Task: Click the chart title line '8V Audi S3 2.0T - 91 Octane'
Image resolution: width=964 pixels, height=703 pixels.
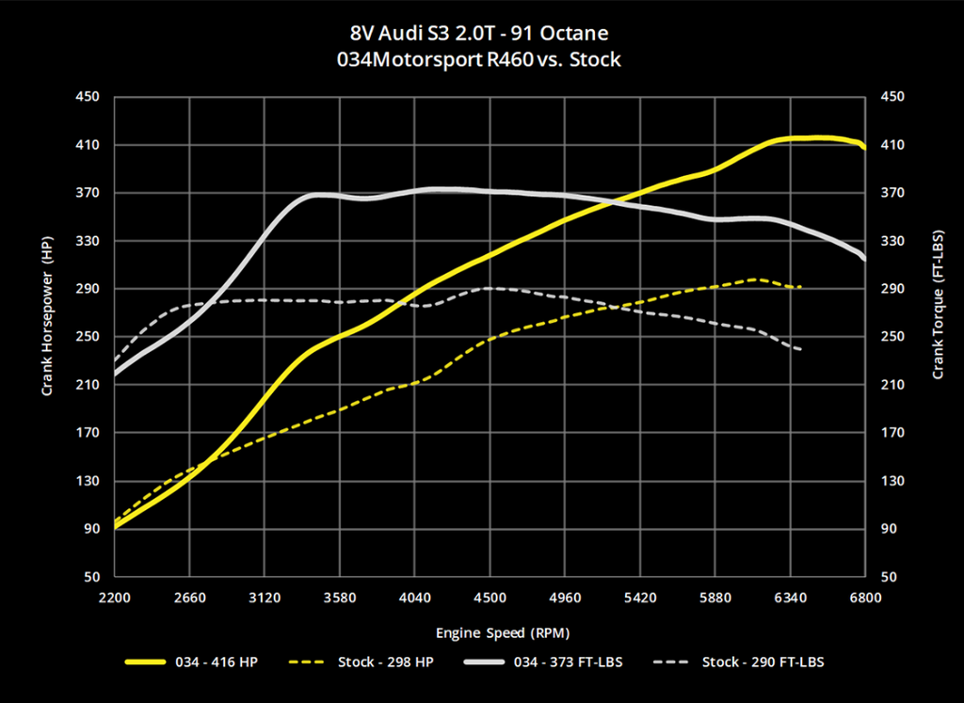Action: click(481, 34)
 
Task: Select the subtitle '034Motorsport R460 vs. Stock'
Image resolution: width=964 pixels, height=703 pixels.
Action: click(481, 60)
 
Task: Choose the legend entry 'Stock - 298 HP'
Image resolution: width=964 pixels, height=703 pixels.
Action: click(386, 663)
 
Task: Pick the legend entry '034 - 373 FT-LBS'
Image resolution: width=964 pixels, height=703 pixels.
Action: click(554, 663)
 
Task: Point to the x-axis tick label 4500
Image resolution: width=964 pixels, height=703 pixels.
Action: click(489, 597)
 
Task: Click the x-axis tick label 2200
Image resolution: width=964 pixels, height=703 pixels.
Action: click(115, 597)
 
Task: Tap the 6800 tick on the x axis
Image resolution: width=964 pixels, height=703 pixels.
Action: click(864, 597)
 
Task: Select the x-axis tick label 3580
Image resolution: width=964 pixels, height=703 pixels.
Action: click(339, 597)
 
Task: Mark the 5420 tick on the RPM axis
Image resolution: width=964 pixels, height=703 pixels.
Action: click(639, 597)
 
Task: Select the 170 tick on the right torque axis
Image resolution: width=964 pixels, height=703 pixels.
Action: click(891, 433)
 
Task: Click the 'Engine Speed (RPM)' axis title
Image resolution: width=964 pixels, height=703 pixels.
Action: click(489, 632)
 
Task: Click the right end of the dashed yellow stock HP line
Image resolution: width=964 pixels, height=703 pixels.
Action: click(800, 287)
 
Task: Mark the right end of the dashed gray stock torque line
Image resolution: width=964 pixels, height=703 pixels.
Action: click(800, 350)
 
